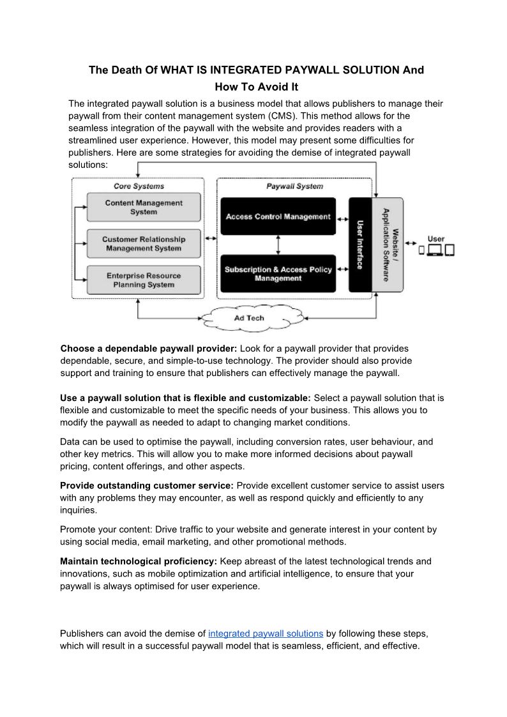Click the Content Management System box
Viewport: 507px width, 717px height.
click(143, 208)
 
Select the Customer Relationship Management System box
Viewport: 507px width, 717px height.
click(143, 244)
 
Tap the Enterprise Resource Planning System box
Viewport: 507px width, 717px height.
click(143, 280)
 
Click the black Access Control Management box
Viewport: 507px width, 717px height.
click(278, 216)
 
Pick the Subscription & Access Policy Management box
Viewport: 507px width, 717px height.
click(278, 274)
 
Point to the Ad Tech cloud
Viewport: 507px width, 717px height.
click(248, 317)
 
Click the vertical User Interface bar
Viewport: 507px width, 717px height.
click(360, 245)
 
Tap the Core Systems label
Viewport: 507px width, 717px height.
click(139, 186)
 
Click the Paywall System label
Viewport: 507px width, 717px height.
click(294, 186)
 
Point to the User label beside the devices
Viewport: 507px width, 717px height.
click(436, 239)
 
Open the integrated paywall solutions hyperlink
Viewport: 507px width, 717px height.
click(266, 633)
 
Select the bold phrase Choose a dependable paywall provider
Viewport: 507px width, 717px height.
click(149, 349)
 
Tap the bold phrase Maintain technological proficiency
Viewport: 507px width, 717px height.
click(139, 561)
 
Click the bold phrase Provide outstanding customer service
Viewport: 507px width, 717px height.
click(147, 485)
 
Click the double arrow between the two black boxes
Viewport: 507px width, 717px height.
click(278, 245)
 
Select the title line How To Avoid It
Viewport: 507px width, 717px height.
click(256, 87)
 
